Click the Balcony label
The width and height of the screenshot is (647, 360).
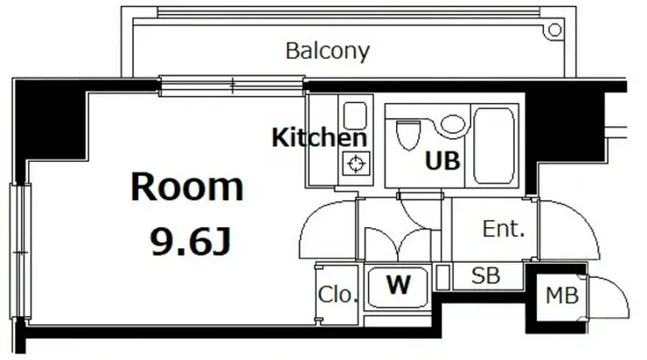[328, 52]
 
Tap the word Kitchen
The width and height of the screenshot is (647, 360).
[319, 137]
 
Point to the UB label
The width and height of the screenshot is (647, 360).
[442, 161]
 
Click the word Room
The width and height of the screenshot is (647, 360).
[187, 187]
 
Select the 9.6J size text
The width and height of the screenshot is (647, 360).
[191, 242]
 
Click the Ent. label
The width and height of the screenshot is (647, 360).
[504, 229]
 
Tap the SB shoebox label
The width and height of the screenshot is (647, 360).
[485, 275]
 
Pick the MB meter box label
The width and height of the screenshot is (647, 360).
[562, 295]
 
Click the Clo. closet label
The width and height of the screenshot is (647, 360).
[337, 294]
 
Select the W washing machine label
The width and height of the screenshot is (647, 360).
[399, 285]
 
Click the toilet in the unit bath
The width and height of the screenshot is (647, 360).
[408, 134]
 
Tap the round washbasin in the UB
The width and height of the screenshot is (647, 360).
[453, 124]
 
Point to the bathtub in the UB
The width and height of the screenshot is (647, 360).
[494, 146]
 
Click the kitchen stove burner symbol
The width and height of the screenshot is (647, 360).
[357, 163]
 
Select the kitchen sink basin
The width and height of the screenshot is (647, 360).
[355, 116]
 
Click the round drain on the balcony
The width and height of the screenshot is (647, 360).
[554, 30]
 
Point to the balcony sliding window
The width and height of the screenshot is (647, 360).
[233, 86]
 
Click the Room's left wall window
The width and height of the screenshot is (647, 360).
[20, 251]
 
